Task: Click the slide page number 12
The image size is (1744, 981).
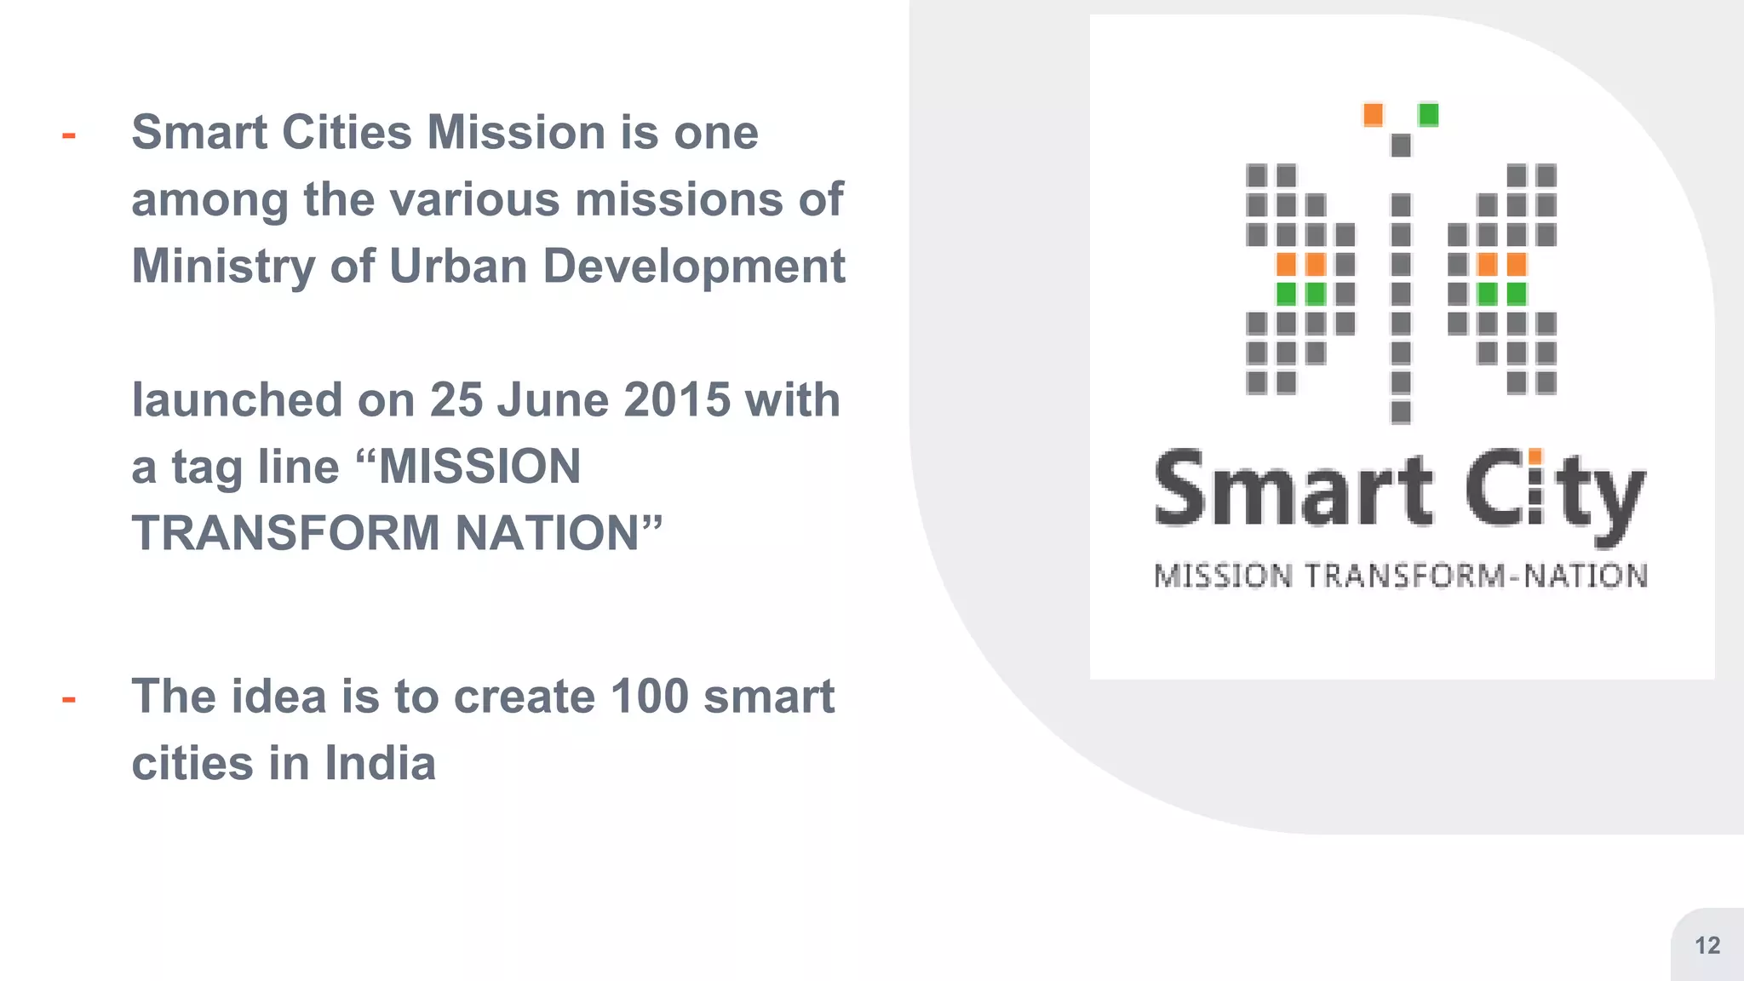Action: click(1707, 945)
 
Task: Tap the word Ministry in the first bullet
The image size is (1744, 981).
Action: click(223, 267)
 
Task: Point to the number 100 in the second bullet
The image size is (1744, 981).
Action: click(649, 697)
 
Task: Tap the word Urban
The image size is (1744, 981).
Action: click(458, 267)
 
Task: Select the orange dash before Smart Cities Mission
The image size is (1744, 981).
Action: click(69, 135)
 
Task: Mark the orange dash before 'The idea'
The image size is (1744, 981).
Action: click(69, 700)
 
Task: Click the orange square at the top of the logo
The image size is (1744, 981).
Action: click(1373, 114)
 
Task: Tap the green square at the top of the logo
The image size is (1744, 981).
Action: click(1428, 114)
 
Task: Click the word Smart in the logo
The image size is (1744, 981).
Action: click(1294, 490)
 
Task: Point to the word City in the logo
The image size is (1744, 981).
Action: click(1555, 494)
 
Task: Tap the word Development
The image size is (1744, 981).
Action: click(693, 267)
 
